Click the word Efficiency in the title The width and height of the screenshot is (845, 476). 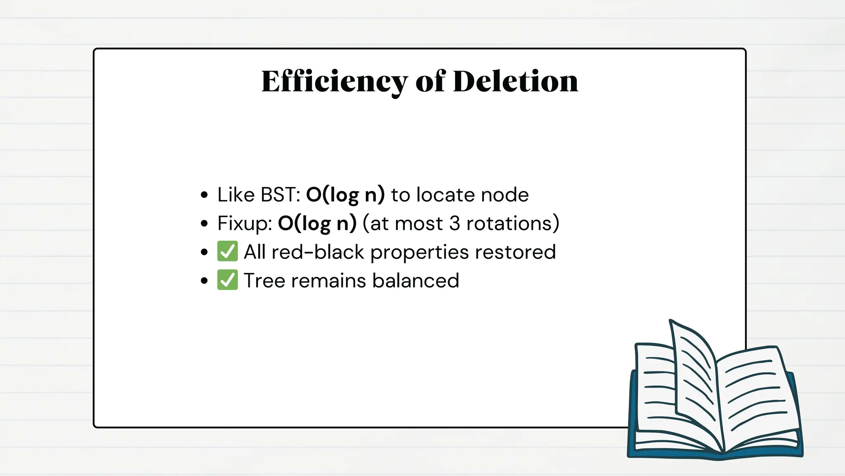(x=334, y=81)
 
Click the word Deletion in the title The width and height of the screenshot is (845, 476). (x=515, y=81)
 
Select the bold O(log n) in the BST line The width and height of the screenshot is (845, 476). (x=345, y=195)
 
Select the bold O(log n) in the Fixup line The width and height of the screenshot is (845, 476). (x=317, y=224)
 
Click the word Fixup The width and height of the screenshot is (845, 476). (x=244, y=224)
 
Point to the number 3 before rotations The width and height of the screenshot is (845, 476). (x=454, y=224)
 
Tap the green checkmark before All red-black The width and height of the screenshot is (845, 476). (x=227, y=252)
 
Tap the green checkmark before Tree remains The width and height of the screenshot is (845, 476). (x=227, y=280)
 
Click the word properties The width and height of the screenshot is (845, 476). (x=420, y=252)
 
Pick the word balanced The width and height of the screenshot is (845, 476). (x=415, y=281)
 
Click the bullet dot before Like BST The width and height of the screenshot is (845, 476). (x=204, y=195)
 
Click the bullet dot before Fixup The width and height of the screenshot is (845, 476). (x=204, y=224)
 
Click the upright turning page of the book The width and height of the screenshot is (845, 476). (x=695, y=372)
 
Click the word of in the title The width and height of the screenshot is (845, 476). (x=430, y=81)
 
